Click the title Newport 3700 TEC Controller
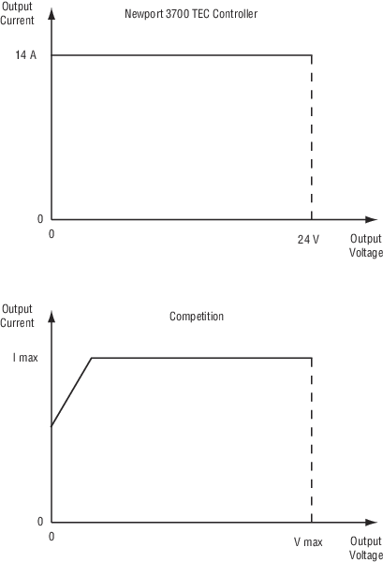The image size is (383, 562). [x=191, y=14]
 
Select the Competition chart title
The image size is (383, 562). [x=197, y=317]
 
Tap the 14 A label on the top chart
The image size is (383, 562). [x=26, y=55]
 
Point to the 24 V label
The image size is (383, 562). [x=308, y=239]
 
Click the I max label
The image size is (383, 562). [x=25, y=358]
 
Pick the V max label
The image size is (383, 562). [x=308, y=541]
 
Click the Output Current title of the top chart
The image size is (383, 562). [x=17, y=13]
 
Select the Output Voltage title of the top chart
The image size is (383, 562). [x=366, y=245]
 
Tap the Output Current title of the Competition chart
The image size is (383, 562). [x=17, y=316]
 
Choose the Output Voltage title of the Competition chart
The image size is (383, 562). [x=366, y=548]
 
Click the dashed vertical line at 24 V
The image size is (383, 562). [x=312, y=138]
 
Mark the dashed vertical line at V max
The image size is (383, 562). [x=312, y=440]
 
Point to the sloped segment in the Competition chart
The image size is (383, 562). [x=72, y=392]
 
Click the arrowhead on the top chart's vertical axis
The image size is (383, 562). [x=52, y=13]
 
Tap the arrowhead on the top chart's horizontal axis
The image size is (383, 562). [x=371, y=219]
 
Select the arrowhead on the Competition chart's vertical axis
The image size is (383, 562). [x=52, y=317]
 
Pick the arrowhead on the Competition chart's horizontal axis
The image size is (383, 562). [x=371, y=523]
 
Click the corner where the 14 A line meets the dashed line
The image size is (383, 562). [x=312, y=55]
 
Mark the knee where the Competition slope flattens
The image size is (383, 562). [x=92, y=358]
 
